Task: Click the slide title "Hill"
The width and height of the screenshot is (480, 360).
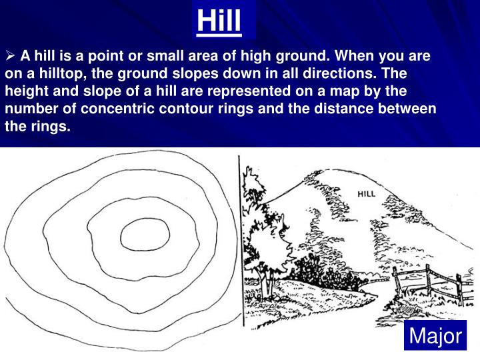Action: pos(219,21)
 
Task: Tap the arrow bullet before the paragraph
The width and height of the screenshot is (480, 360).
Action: pos(10,55)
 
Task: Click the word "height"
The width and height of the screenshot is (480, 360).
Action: pos(25,90)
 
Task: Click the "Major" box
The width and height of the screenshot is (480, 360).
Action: pos(435,337)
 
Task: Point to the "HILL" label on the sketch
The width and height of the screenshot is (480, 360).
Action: pos(367,194)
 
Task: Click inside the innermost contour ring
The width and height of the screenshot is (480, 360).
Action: pos(139,234)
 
